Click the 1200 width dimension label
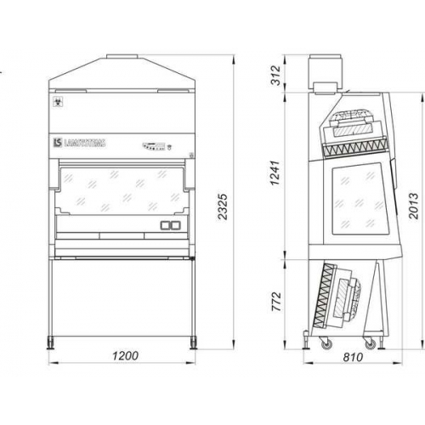pos(126,355)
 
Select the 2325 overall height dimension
pos(223,207)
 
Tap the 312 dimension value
pos(275,75)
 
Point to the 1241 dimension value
pos(275,173)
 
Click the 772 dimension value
pos(276,302)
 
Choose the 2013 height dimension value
pos(414,206)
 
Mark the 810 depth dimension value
pos(353,357)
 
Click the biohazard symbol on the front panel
pos(57,102)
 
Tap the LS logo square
pos(58,143)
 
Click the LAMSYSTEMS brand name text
pos(85,143)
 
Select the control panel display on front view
pos(154,146)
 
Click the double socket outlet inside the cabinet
pos(170,225)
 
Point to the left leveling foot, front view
pos(51,343)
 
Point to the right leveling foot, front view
pos(193,343)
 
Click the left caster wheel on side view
pos(326,343)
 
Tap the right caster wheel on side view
pos(370,343)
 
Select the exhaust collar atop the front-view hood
pos(122,56)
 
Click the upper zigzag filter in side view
pos(354,147)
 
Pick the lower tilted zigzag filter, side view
pos(324,296)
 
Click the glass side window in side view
pos(360,199)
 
